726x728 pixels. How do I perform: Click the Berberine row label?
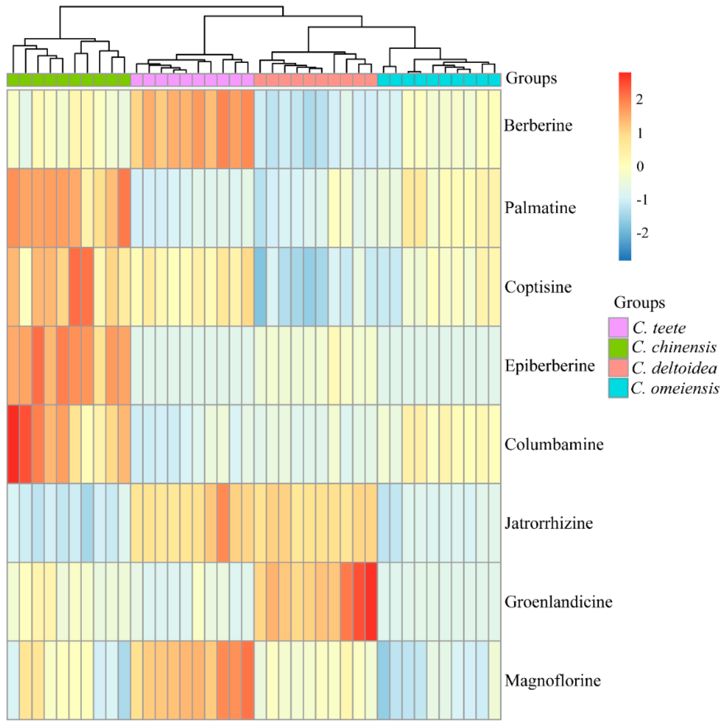point(538,125)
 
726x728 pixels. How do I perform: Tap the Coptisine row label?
point(538,287)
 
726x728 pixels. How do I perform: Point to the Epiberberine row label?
point(549,366)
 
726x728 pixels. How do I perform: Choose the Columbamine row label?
point(554,444)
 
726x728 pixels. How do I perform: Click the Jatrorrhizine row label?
point(549,523)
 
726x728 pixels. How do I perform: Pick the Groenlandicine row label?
point(558,602)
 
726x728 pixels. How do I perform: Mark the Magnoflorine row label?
point(552,681)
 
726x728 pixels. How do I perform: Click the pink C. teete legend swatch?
point(618,327)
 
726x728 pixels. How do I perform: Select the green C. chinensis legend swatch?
point(618,347)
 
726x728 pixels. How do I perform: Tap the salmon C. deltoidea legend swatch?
point(618,368)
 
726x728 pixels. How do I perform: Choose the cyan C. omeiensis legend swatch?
point(618,388)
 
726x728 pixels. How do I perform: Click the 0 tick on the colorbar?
point(640,166)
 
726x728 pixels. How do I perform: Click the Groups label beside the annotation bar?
point(531,78)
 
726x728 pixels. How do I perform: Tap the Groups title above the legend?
point(639,302)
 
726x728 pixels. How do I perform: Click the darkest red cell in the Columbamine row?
point(13,444)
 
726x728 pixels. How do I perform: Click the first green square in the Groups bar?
point(13,80)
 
